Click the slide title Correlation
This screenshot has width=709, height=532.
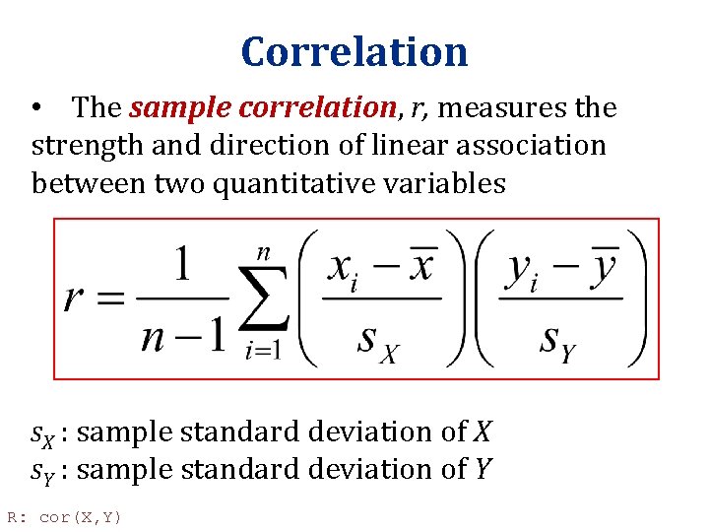(354, 51)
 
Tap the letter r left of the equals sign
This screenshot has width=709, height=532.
(77, 298)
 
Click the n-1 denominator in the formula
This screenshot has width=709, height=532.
(182, 337)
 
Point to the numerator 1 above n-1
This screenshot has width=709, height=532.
(182, 265)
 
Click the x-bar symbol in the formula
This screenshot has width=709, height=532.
(419, 264)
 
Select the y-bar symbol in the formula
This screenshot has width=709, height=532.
(603, 264)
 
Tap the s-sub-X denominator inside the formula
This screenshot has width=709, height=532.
(379, 340)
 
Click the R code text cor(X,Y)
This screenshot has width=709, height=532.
(80, 517)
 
